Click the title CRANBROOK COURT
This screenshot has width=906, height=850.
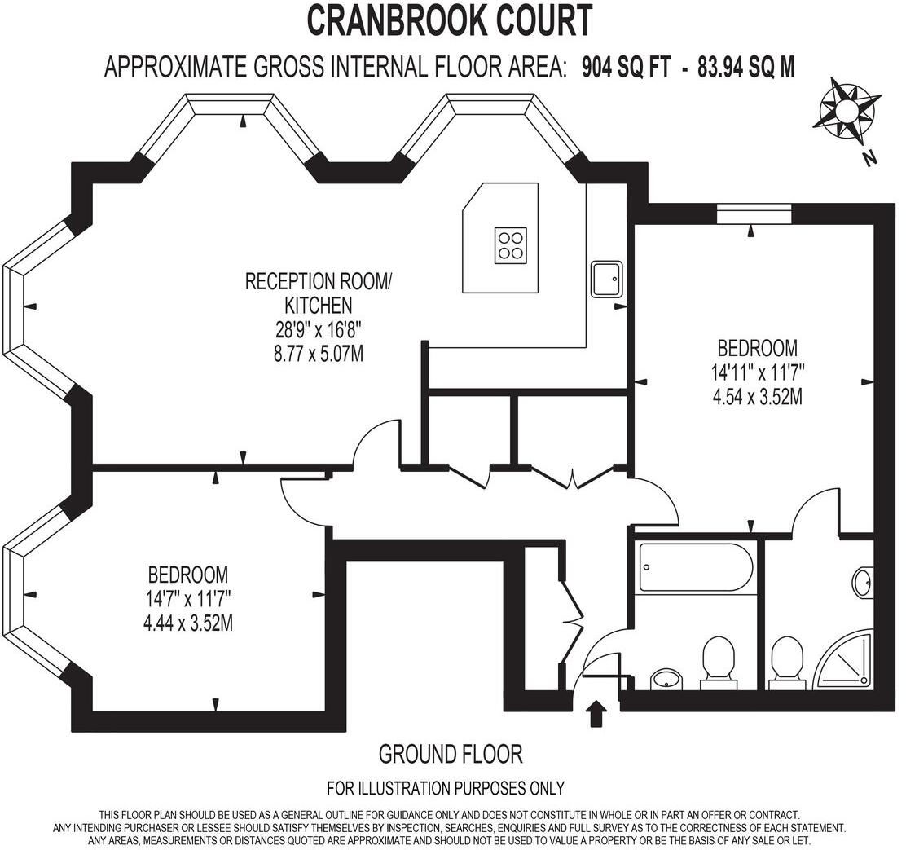point(449,21)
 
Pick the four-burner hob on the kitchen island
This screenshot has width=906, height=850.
point(510,244)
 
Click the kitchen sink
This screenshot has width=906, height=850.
point(607,280)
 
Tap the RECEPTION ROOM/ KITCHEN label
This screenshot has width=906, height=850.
point(319,293)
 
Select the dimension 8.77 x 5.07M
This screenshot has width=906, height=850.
point(319,354)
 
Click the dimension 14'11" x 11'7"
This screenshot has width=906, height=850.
point(758,373)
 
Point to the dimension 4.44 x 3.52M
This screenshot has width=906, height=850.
point(188,623)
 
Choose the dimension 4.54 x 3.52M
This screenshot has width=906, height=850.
point(758,398)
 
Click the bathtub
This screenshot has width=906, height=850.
point(696,567)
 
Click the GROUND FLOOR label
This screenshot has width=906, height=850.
point(451,755)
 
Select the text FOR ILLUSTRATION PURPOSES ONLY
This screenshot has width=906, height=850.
point(446,788)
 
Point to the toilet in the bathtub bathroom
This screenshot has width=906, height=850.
point(718,658)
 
